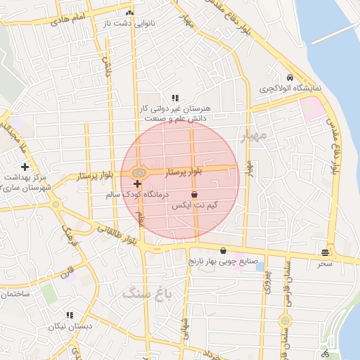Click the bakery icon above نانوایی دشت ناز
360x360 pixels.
[x=129, y=13]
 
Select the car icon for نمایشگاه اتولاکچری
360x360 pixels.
[x=290, y=77]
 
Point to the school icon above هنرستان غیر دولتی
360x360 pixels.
[x=175, y=98]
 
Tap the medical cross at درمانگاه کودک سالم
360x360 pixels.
[x=137, y=184]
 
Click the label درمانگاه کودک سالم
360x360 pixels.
[x=138, y=193]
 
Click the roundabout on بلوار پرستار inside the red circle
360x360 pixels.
[x=139, y=172]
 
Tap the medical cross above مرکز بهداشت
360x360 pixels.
[x=25, y=167]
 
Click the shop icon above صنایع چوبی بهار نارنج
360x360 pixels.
[x=223, y=250]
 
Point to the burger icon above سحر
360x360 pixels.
[x=324, y=252]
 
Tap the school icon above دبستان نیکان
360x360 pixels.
[x=69, y=316]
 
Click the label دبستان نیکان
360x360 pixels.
[x=67, y=327]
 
